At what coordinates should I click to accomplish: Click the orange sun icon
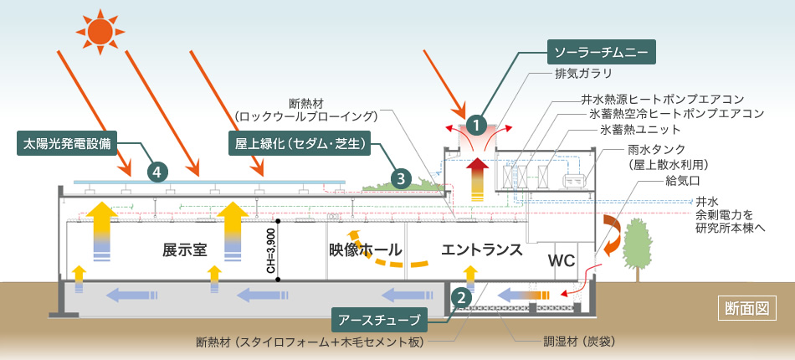click(100, 32)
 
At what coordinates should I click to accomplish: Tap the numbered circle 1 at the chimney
click(477, 126)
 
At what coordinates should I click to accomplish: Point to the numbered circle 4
click(156, 171)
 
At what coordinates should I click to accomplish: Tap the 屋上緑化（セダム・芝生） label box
click(299, 142)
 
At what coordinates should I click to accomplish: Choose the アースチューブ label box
click(380, 319)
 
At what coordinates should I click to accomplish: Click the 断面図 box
click(746, 307)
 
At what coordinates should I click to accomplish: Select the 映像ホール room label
click(366, 249)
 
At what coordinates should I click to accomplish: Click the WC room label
click(561, 260)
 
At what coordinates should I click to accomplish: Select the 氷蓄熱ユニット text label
click(640, 129)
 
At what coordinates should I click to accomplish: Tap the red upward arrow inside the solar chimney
click(477, 177)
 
